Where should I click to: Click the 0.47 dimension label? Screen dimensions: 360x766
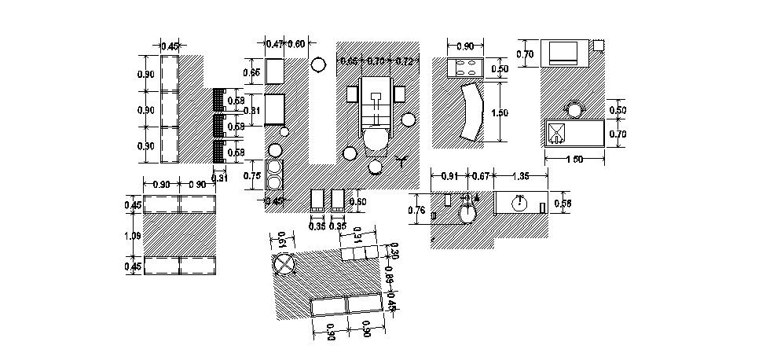[x=274, y=44]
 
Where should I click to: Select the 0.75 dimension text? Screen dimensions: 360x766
[x=253, y=175]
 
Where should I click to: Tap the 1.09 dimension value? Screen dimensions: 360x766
[x=134, y=235]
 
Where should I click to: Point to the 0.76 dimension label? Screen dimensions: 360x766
[x=419, y=211]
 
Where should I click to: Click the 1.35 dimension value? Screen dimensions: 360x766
[x=520, y=175]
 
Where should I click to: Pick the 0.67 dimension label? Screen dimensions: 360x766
[x=481, y=175]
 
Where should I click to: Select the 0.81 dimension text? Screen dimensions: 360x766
[x=253, y=110]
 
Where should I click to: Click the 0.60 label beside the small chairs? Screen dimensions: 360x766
[x=357, y=201]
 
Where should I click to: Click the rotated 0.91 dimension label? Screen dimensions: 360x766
[x=358, y=236]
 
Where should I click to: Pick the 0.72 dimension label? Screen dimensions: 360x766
[x=405, y=61]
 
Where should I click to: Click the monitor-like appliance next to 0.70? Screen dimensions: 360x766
[x=562, y=53]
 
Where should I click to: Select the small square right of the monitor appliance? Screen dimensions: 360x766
[x=599, y=44]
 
